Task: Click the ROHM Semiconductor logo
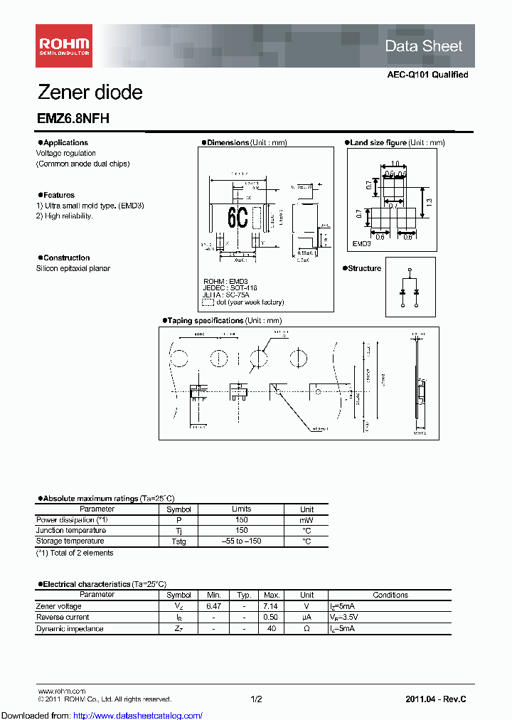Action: (x=64, y=46)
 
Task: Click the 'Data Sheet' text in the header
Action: (x=423, y=46)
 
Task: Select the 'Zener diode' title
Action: (x=90, y=92)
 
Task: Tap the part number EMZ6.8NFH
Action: (x=73, y=120)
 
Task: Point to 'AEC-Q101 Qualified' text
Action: (x=427, y=75)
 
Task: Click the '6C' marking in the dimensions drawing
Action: (x=238, y=218)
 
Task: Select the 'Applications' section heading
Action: (x=65, y=143)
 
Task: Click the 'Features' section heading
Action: (x=58, y=195)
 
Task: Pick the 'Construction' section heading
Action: (x=66, y=258)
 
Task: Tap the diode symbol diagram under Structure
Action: (x=410, y=289)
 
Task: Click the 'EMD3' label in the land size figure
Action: (x=363, y=243)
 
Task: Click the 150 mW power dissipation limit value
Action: (x=242, y=520)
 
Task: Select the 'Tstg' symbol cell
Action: (x=178, y=541)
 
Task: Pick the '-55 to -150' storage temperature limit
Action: (x=242, y=541)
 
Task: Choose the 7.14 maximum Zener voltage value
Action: (x=271, y=606)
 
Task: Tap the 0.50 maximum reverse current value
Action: (x=271, y=618)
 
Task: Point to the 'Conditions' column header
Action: (x=390, y=595)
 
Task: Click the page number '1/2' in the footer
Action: (x=256, y=699)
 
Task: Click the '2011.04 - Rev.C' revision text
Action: (x=436, y=699)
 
